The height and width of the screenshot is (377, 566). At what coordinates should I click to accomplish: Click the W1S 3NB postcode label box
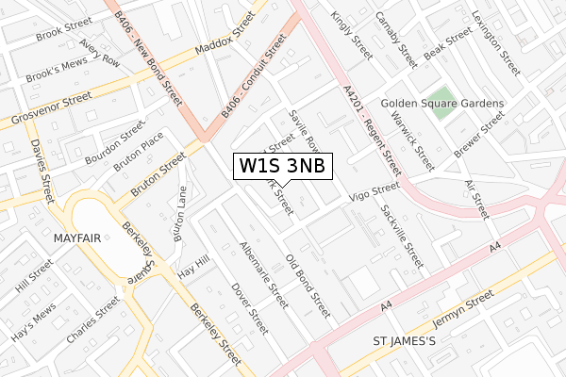pyautogui.click(x=282, y=166)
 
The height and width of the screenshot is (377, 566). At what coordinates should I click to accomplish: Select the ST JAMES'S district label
pyautogui.click(x=404, y=340)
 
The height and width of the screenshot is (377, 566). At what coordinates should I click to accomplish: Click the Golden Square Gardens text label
pyautogui.click(x=442, y=103)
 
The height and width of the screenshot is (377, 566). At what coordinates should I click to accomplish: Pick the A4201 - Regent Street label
pyautogui.click(x=373, y=127)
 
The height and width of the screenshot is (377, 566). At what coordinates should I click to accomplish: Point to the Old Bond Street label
pyautogui.click(x=308, y=282)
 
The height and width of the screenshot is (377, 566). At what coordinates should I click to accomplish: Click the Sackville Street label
pyautogui.click(x=402, y=235)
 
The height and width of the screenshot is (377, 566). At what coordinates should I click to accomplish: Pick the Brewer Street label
pyautogui.click(x=479, y=138)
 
